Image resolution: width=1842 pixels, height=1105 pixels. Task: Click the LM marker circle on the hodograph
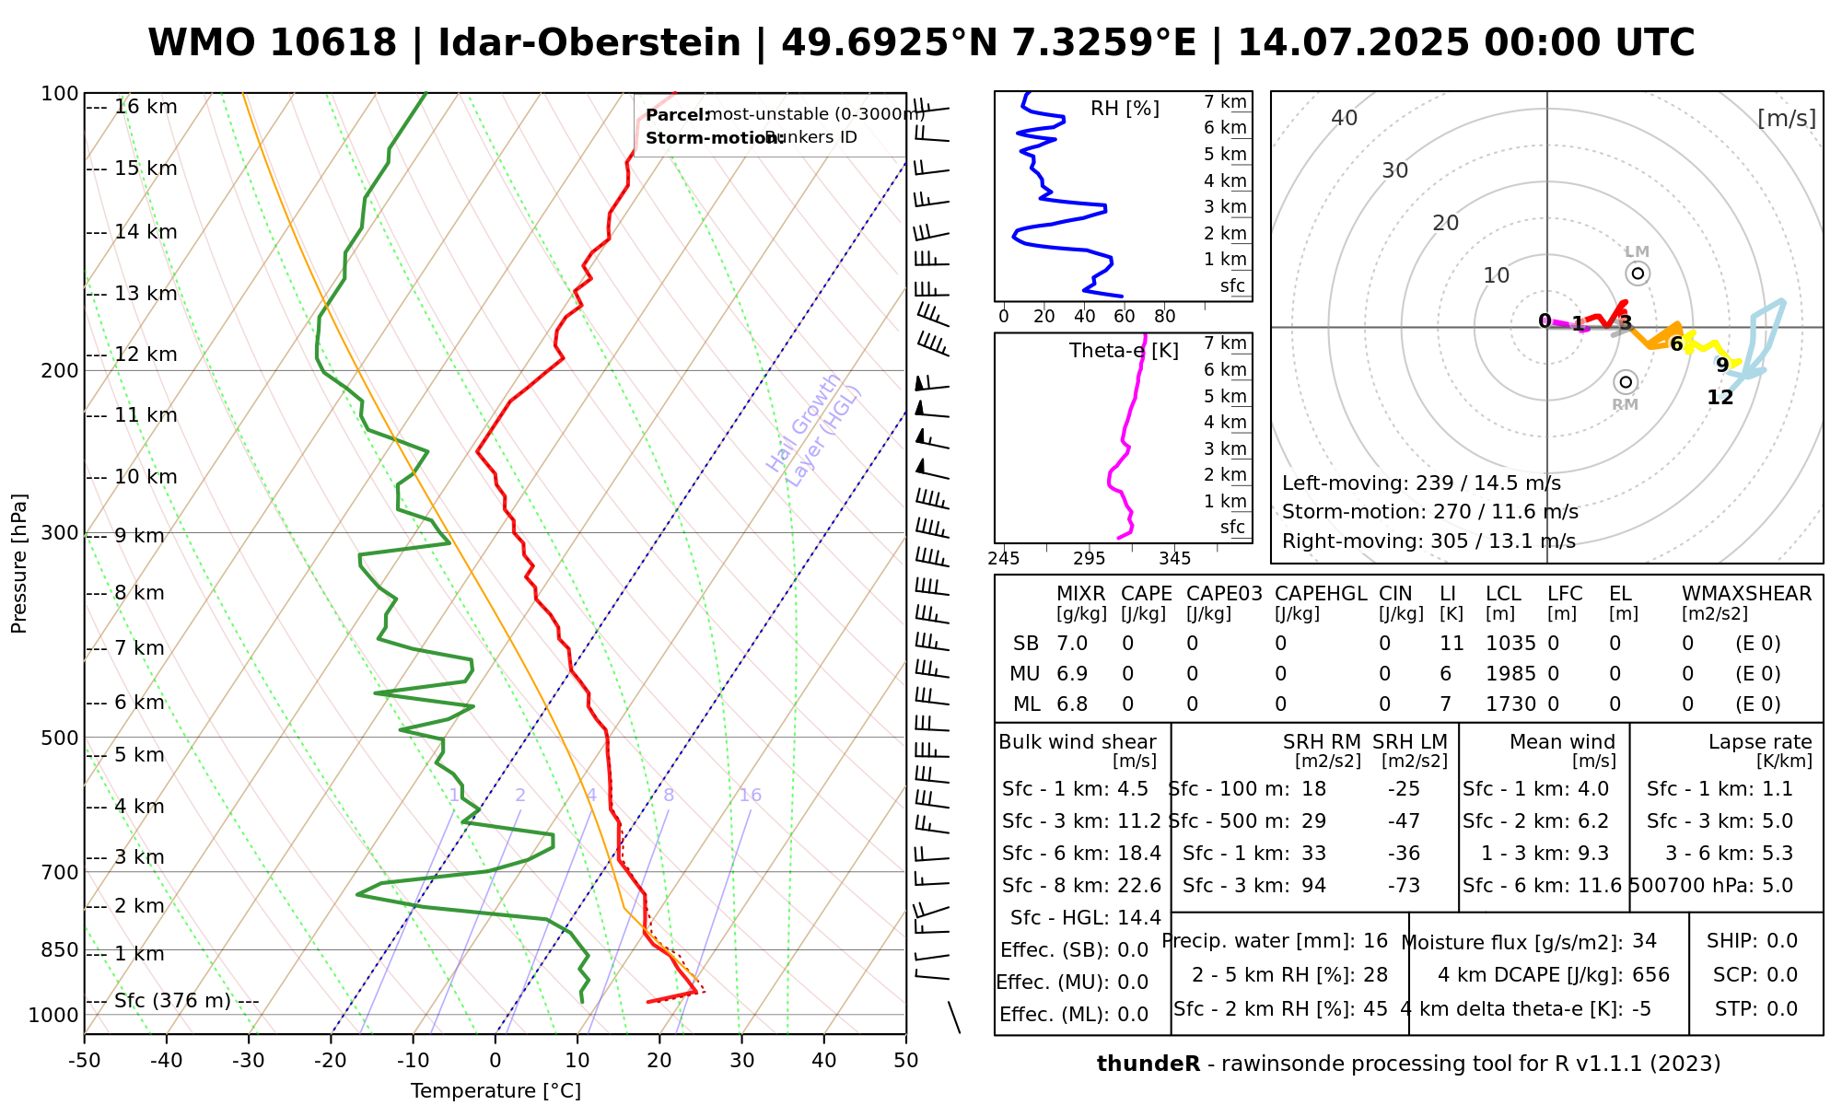pyautogui.click(x=1638, y=273)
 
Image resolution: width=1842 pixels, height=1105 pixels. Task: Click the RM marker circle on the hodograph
pyautogui.click(x=1626, y=382)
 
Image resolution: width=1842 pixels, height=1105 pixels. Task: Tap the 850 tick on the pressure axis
pyautogui.click(x=61, y=949)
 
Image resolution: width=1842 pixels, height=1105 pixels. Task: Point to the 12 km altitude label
pyautogui.click(x=146, y=355)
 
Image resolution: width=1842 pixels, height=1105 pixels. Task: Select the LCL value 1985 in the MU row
pyautogui.click(x=1510, y=674)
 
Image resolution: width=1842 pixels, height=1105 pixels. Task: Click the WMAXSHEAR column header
pyautogui.click(x=1746, y=594)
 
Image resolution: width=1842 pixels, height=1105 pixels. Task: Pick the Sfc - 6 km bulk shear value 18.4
pyautogui.click(x=1138, y=854)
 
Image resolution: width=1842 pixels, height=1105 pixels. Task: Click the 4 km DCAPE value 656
pyautogui.click(x=1650, y=975)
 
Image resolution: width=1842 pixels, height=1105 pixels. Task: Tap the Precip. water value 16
pyautogui.click(x=1375, y=941)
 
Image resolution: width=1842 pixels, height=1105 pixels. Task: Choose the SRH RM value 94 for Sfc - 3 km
pyautogui.click(x=1313, y=886)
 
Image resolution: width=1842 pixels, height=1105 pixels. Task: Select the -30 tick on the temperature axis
pyautogui.click(x=249, y=1061)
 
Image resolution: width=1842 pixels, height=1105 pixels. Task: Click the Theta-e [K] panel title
pyautogui.click(x=1124, y=351)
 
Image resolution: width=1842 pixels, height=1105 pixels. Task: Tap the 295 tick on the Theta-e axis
pyautogui.click(x=1089, y=559)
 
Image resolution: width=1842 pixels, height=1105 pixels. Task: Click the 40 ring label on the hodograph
pyautogui.click(x=1345, y=118)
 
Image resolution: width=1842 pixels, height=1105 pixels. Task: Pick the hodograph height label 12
pyautogui.click(x=1720, y=398)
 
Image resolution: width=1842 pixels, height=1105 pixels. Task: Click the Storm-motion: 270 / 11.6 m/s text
pyautogui.click(x=1429, y=512)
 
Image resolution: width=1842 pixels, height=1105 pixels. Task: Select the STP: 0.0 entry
pyautogui.click(x=1755, y=1009)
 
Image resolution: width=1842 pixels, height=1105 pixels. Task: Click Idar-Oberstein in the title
pyautogui.click(x=589, y=43)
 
